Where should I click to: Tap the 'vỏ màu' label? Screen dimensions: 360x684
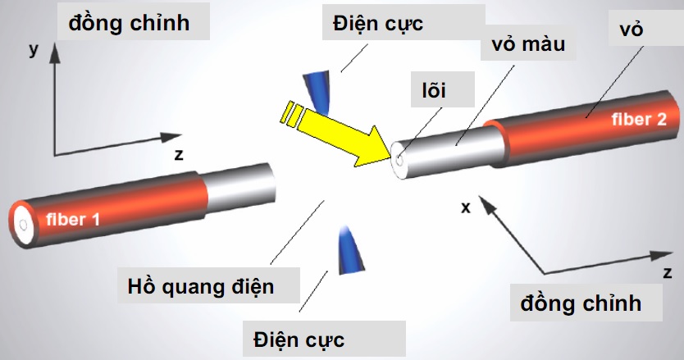528,43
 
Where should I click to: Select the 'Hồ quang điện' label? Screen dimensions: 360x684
201,287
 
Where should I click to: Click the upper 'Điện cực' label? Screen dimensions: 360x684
378,23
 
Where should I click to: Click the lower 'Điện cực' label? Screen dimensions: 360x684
299,338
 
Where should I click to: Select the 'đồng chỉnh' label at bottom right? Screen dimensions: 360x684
581,303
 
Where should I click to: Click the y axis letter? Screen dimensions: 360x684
34,50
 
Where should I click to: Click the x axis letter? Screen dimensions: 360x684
466,207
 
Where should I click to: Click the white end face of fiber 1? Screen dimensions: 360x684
23,223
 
